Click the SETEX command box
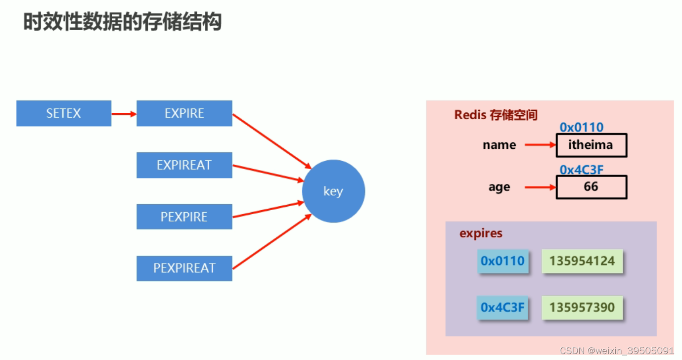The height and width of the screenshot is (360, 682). click(64, 113)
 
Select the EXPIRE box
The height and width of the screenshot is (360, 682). click(184, 113)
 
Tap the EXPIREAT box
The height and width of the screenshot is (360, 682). click(184, 165)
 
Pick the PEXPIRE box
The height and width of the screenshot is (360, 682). click(184, 217)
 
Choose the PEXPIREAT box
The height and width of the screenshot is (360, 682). click(184, 268)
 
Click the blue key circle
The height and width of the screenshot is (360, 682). click(333, 191)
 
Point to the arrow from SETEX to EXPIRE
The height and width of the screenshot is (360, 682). click(124, 114)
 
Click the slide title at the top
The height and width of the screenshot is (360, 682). click(122, 22)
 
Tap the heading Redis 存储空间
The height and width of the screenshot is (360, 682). click(496, 115)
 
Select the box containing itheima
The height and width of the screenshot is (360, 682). click(591, 145)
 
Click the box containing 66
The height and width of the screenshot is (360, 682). click(591, 187)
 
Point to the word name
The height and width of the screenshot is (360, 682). click(499, 145)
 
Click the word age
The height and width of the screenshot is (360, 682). click(499, 187)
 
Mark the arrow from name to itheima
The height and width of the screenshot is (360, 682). click(540, 145)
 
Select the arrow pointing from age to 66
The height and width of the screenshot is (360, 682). click(540, 187)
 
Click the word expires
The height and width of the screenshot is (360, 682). click(481, 233)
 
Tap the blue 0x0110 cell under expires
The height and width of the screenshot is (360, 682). click(503, 261)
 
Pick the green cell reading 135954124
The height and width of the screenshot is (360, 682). click(582, 261)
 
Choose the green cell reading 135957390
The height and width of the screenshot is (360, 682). click(582, 308)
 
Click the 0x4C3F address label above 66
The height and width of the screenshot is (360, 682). click(581, 170)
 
